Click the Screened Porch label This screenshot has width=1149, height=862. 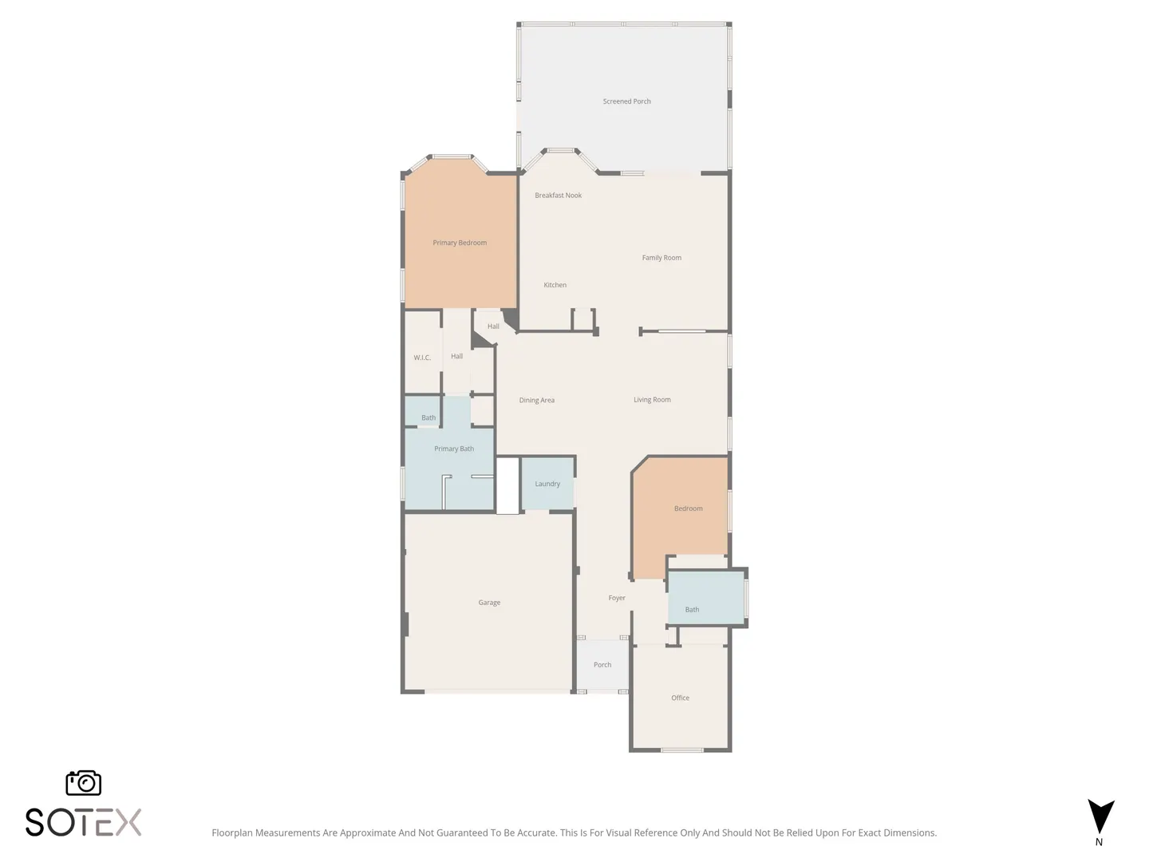pyautogui.click(x=626, y=101)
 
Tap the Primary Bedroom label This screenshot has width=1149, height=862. pyautogui.click(x=460, y=243)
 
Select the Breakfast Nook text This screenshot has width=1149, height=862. pyautogui.click(x=558, y=196)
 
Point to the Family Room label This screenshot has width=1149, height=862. pyautogui.click(x=661, y=258)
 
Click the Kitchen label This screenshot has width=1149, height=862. pyautogui.click(x=555, y=285)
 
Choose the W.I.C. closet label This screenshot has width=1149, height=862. pyautogui.click(x=422, y=358)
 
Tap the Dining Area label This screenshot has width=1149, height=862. pyautogui.click(x=536, y=401)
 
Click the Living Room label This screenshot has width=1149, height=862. pyautogui.click(x=652, y=400)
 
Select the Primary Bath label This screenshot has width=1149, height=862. pyautogui.click(x=454, y=449)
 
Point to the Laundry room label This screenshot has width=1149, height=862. pyautogui.click(x=547, y=484)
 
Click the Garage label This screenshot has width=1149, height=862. pyautogui.click(x=489, y=603)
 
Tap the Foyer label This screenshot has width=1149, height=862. pyautogui.click(x=617, y=598)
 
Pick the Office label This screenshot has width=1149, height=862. pyautogui.click(x=680, y=698)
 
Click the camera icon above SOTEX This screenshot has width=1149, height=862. pyautogui.click(x=83, y=783)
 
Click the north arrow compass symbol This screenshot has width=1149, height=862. pyautogui.click(x=1101, y=817)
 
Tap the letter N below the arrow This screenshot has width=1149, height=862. pyautogui.click(x=1099, y=842)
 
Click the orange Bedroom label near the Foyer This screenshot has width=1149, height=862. pyautogui.click(x=689, y=508)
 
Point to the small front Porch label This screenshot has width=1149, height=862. pyautogui.click(x=602, y=665)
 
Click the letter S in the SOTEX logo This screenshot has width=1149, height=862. pyautogui.click(x=34, y=822)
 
